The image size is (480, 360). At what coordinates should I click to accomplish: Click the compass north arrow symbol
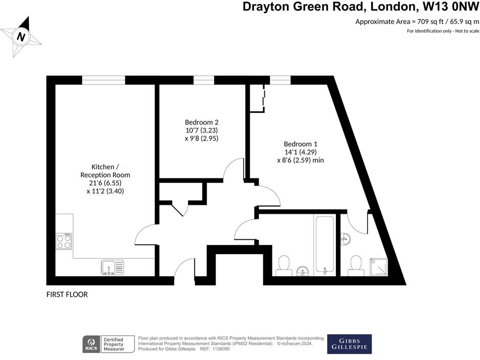(21, 37)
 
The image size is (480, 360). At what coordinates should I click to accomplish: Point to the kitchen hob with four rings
(64, 241)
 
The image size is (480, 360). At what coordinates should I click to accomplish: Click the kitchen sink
(112, 267)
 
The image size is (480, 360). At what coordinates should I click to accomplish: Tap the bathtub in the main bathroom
(325, 243)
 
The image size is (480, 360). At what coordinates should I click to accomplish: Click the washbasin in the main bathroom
(303, 271)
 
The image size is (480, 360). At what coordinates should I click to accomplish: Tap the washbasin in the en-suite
(345, 237)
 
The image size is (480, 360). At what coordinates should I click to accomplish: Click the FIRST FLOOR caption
(67, 295)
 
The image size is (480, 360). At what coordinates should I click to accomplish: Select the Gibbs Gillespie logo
(349, 344)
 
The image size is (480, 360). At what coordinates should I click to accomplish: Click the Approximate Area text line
(417, 21)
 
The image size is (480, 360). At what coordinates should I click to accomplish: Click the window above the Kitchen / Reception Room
(103, 80)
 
